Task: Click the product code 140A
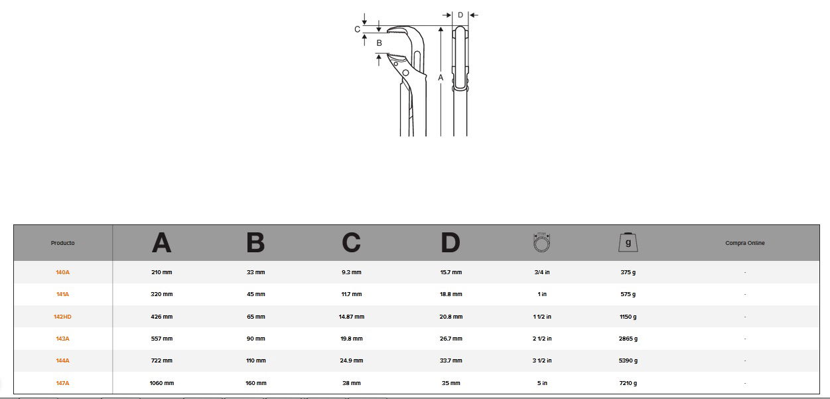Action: (x=62, y=272)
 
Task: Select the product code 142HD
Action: (x=62, y=317)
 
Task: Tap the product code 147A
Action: (x=62, y=383)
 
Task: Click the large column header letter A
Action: (x=161, y=243)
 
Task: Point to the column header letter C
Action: (x=351, y=243)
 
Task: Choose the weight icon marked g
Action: (x=628, y=242)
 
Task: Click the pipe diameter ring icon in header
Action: (x=542, y=242)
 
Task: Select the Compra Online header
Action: (x=745, y=243)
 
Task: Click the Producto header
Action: (x=62, y=243)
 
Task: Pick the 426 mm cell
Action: (x=161, y=317)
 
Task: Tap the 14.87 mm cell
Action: (x=351, y=317)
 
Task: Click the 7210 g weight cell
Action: (x=628, y=383)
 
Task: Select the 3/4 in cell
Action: (x=542, y=272)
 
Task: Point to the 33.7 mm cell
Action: (x=451, y=360)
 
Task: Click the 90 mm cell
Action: (x=255, y=339)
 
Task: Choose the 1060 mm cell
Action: (x=161, y=383)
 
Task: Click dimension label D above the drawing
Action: (x=460, y=15)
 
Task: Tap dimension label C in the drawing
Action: (x=357, y=29)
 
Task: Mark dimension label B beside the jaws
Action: (x=379, y=43)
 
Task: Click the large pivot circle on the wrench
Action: (x=405, y=72)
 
